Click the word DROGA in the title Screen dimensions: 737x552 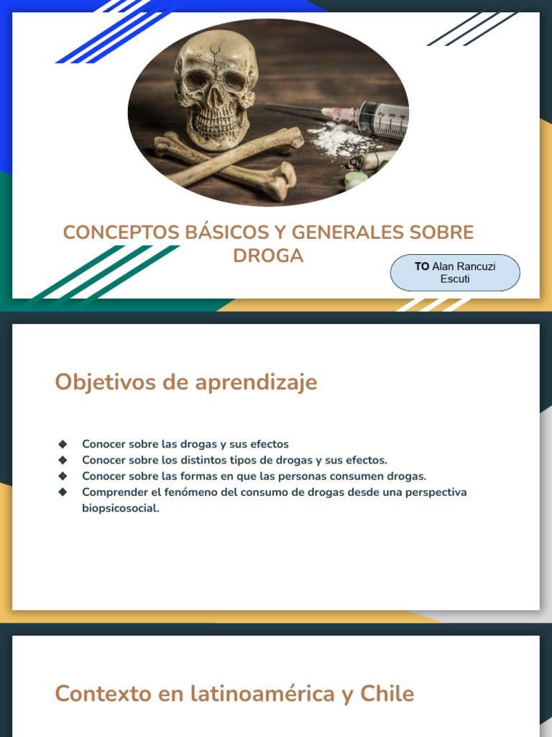tap(268, 256)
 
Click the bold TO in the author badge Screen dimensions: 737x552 tap(421, 266)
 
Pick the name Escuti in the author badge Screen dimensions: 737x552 tap(455, 279)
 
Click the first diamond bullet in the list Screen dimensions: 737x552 tap(63, 444)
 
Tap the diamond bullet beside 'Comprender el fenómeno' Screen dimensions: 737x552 tap(63, 492)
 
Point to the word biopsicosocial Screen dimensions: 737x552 tap(120, 508)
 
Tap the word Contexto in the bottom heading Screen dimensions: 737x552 tap(102, 694)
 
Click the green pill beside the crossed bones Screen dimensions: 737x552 tap(356, 179)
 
